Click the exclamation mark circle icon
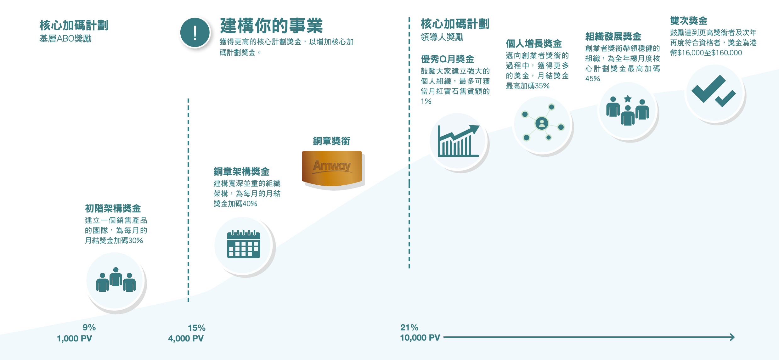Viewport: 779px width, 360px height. pos(195,32)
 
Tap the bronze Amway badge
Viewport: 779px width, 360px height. pos(332,168)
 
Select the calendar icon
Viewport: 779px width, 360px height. pos(243,245)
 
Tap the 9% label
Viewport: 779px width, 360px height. pos(89,327)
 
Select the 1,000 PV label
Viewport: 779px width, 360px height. pos(74,339)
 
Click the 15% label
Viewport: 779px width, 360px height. pos(196,328)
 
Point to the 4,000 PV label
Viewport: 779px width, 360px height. pos(186,339)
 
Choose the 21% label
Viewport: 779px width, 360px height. pos(409,327)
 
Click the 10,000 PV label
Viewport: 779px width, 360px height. pos(420,338)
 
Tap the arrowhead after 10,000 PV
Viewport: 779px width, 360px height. pos(732,337)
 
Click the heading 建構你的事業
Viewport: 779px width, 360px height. pos(271,26)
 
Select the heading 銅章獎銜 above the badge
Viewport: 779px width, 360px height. pos(331,141)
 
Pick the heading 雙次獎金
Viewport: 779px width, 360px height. pos(689,21)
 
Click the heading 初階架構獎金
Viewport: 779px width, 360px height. pos(113,208)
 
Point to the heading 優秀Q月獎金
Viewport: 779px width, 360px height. pos(447,59)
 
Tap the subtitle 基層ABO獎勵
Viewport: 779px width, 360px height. pos(65,39)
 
